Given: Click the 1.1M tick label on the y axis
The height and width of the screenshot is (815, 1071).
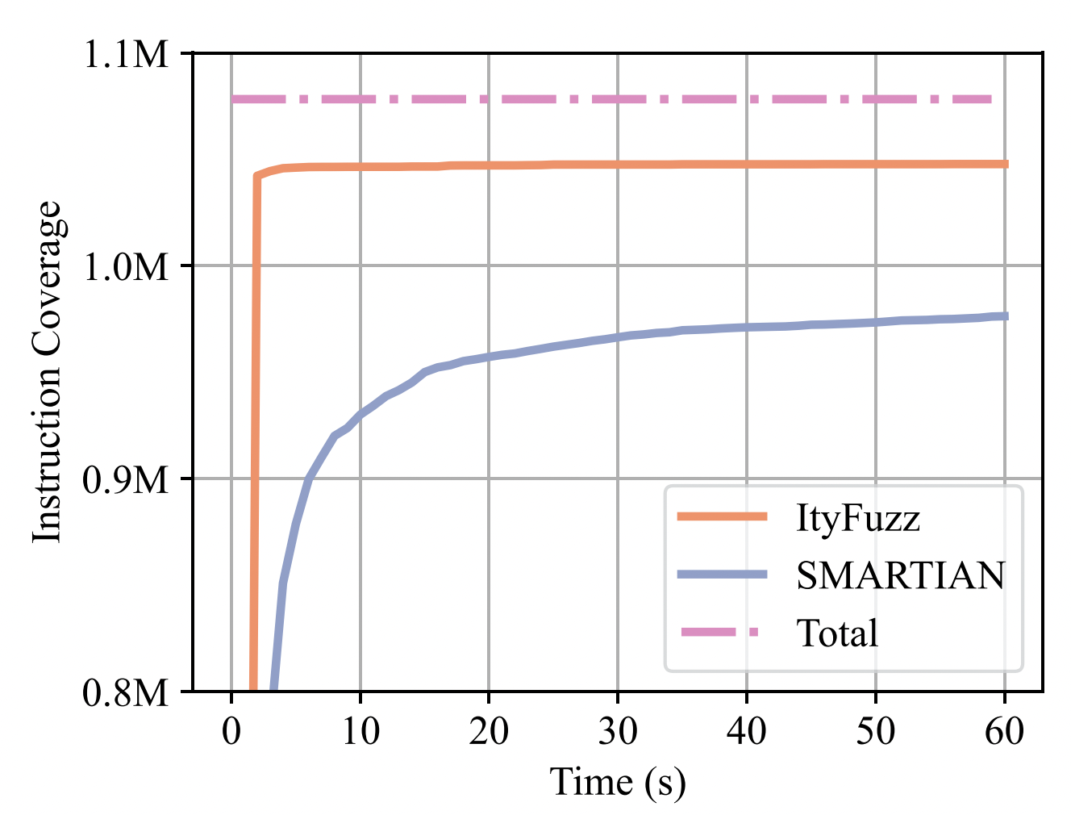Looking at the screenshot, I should pos(127,55).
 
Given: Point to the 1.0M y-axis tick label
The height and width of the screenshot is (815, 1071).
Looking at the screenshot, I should pos(127,267).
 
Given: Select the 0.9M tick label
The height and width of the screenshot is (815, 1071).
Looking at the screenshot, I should pos(127,480).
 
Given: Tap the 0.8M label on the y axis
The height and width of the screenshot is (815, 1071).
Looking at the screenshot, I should pos(127,692).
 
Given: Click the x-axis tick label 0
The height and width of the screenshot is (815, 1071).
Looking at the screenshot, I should pos(231,732).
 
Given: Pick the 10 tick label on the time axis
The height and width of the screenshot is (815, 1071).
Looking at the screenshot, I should pos(360,732).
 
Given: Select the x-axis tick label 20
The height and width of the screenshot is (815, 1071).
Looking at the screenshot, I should pos(489,732).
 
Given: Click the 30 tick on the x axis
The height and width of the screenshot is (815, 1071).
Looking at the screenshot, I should pos(618,732).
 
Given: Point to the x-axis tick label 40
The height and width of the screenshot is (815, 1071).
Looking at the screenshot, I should pos(747,732).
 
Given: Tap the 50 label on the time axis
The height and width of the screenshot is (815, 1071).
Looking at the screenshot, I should pos(876,732).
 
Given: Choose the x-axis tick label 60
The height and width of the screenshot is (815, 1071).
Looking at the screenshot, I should pos(1005,732).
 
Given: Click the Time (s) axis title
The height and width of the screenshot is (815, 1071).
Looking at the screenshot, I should pos(618,782).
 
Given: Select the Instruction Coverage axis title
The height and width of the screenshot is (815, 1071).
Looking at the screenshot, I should pos(48,372).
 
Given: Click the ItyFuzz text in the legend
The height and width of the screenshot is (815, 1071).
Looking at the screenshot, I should pos(857,517).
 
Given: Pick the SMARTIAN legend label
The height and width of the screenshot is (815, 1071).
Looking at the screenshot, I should pos(901,575).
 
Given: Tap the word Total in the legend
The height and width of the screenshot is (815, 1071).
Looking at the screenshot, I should pos(836,633).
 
